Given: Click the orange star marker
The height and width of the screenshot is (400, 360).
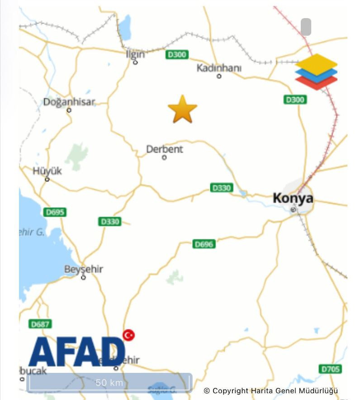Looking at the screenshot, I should [183, 110].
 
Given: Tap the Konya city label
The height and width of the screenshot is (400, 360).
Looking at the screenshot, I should [293, 198].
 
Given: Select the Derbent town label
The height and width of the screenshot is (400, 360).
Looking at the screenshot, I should [165, 148].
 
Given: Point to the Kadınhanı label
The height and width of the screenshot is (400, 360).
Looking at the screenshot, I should [219, 68].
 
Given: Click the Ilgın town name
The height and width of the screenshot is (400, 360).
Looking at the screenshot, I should [135, 54].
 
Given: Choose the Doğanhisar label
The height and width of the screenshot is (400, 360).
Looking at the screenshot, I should [69, 102].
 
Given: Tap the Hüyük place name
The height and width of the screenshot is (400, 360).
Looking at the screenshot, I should [47, 171].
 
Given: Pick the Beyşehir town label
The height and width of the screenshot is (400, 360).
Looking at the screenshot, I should [84, 269].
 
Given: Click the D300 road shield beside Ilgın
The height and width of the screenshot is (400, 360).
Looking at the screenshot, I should [176, 55].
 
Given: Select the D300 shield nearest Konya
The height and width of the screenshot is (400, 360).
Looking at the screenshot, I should [294, 100].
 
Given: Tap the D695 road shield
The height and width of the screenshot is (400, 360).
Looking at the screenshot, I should [55, 212].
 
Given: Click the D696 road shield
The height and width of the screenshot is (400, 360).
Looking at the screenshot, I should [204, 244].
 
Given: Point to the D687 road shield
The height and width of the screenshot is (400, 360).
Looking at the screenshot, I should [40, 324].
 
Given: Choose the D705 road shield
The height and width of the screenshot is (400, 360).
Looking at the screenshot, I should [330, 369].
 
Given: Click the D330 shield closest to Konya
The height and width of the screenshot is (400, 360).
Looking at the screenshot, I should [221, 187].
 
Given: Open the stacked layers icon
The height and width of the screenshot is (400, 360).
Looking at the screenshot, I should [316, 71].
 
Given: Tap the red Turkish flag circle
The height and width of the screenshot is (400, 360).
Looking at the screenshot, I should [128, 335].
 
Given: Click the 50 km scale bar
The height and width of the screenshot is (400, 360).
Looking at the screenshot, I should [109, 383].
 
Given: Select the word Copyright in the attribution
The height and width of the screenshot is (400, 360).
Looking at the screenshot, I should [230, 390].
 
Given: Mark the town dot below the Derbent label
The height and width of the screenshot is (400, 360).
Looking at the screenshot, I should [164, 157].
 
